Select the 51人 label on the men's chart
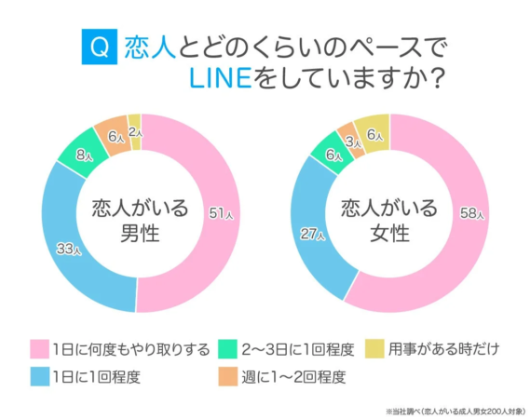219,212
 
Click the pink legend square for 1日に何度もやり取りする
39,350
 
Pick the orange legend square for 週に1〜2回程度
225,377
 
